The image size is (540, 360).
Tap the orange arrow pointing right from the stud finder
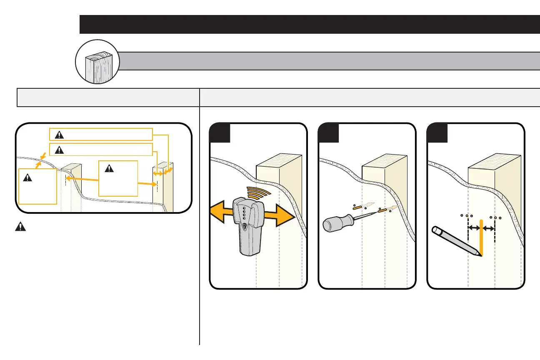(281, 217)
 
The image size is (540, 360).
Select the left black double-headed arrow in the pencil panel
(474, 228)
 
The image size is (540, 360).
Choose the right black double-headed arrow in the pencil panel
(489, 228)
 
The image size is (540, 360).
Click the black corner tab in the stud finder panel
(220, 132)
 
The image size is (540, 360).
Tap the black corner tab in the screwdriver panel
(328, 132)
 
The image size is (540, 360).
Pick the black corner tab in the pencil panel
(437, 132)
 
